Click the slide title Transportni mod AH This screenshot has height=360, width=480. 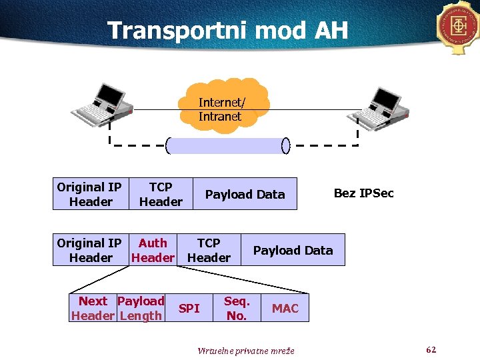[227, 30]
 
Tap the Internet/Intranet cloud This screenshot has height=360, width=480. [221, 107]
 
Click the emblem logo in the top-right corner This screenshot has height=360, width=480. [459, 26]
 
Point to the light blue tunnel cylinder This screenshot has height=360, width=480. [226, 145]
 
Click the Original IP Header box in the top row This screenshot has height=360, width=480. [90, 194]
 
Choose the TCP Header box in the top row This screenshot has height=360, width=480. [161, 194]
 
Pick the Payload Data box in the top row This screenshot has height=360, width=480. [245, 194]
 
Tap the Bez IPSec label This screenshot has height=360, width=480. [363, 193]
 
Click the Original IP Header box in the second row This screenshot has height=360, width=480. [90, 250]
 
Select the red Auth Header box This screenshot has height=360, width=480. [153, 250]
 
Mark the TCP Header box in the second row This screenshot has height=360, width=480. [209, 250]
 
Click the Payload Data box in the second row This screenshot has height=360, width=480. [293, 250]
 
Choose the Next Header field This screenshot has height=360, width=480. [93, 308]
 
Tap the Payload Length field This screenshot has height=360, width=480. [141, 308]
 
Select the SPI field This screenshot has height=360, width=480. [189, 308]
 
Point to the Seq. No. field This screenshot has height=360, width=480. [237, 308]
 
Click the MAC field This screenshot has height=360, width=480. [285, 308]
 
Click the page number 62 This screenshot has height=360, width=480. [431, 349]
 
